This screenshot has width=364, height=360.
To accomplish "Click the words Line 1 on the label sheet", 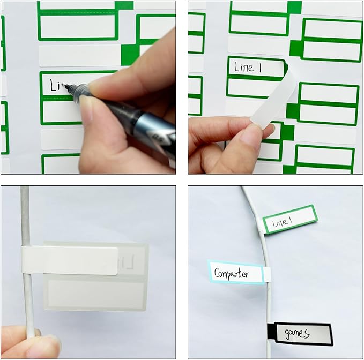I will (x=248, y=67).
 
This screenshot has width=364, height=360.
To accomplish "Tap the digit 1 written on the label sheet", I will (x=259, y=67).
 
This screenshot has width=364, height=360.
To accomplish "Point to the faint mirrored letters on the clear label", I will (x=127, y=262).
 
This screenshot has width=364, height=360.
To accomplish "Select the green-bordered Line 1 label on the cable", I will (x=290, y=220).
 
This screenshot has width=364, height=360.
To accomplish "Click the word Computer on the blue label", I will (x=232, y=273).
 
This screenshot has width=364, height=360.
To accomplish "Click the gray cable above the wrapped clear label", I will (x=25, y=214).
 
